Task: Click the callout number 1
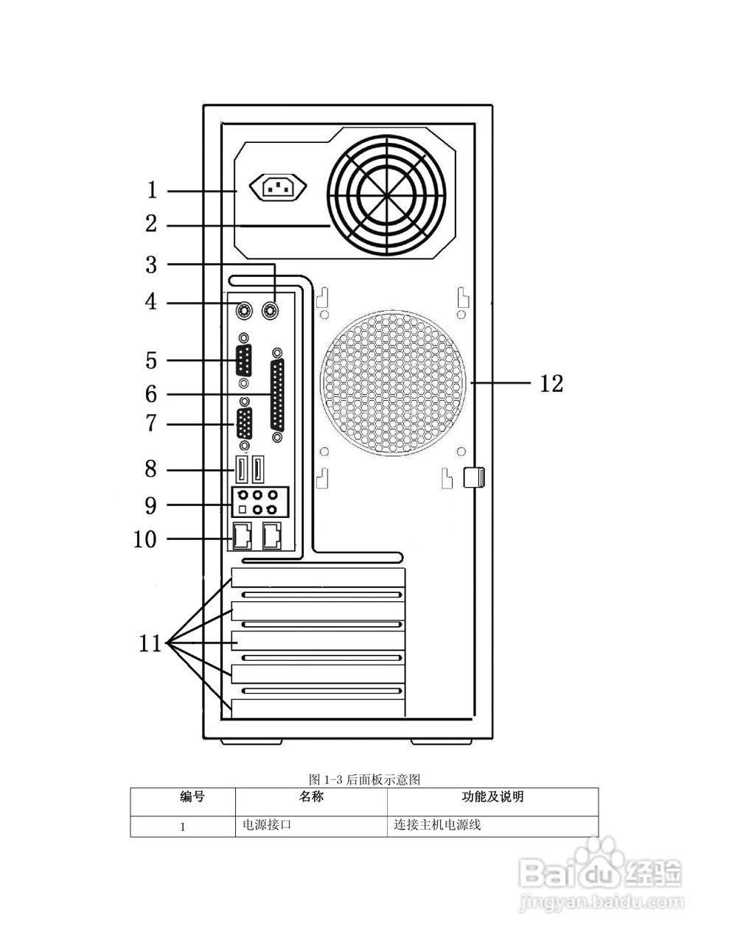(152, 191)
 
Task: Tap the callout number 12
(551, 383)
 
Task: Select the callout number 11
(150, 644)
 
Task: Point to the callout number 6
(151, 394)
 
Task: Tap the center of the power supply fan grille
(387, 196)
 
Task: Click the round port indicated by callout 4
(243, 310)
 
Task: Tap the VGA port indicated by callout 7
(243, 425)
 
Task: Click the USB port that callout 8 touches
(241, 469)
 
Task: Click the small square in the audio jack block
(242, 510)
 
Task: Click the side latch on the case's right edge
(472, 477)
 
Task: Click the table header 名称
(311, 796)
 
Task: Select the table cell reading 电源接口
(268, 825)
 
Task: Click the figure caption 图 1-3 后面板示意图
(364, 779)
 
